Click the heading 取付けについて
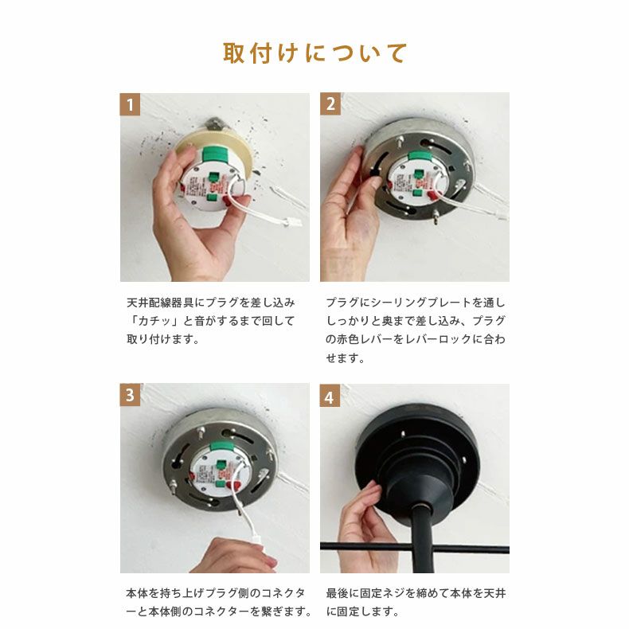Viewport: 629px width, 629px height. [x=314, y=53]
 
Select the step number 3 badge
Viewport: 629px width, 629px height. [x=130, y=395]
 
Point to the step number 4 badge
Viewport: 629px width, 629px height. [x=330, y=395]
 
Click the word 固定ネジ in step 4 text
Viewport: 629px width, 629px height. [x=382, y=594]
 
